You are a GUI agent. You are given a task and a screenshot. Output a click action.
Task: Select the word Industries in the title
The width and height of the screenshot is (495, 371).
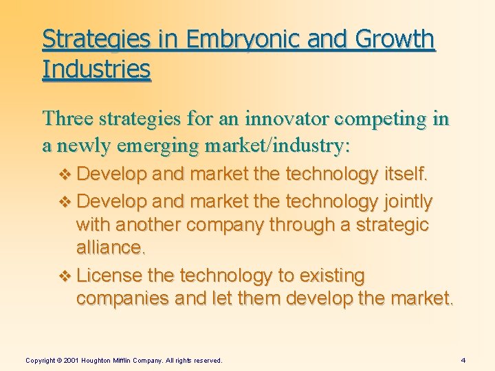pyautogui.click(x=96, y=69)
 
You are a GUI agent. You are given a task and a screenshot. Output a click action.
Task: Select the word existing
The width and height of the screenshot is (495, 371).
pyautogui.click(x=332, y=276)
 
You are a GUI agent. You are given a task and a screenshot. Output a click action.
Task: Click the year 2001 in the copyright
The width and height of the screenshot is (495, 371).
pyautogui.click(x=71, y=360)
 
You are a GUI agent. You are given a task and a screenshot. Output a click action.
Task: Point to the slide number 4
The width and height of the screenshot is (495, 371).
pyautogui.click(x=463, y=360)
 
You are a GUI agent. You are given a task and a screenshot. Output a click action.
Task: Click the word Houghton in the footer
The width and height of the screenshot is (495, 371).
pyautogui.click(x=100, y=360)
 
